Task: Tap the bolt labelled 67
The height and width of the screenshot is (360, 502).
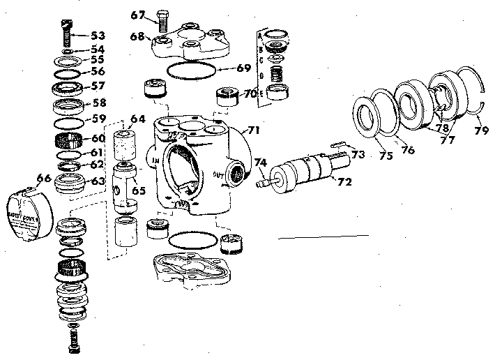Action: [162, 20]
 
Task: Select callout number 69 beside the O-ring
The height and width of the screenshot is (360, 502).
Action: [243, 68]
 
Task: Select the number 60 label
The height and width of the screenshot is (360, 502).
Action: [98, 137]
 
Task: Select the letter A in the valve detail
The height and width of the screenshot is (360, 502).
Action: [259, 33]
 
